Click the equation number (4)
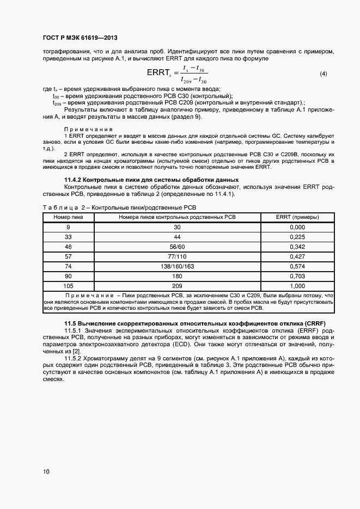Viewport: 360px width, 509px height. (323, 73)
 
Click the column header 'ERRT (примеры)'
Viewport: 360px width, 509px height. (297, 217)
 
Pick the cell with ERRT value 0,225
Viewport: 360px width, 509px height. (297, 237)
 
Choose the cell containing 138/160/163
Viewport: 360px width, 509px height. (177, 266)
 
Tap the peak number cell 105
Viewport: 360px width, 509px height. (68, 286)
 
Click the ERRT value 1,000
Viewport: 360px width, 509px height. (297, 286)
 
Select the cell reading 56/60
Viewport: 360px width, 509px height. (177, 247)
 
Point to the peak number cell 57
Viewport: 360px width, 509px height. (68, 256)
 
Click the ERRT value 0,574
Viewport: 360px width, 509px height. (297, 266)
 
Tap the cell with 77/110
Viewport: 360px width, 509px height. (177, 256)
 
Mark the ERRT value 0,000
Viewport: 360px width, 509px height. (297, 227)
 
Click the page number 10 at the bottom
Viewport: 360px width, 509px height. (46, 471)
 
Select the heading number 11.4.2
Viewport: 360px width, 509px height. (75, 180)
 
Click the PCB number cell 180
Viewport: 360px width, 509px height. (177, 276)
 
